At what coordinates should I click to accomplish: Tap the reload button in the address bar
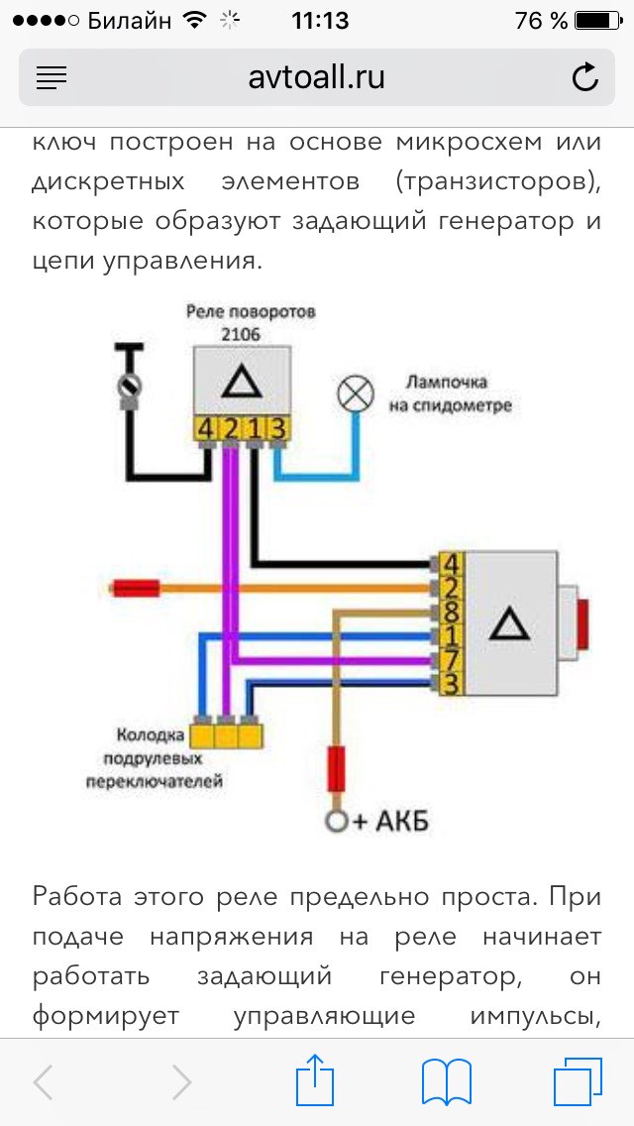(585, 77)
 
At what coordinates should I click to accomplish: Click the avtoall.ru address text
(317, 77)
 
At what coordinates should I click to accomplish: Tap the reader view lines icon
(52, 77)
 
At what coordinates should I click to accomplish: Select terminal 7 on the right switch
(449, 659)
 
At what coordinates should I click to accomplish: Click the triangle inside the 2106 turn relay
(241, 382)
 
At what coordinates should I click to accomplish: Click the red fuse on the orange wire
(137, 589)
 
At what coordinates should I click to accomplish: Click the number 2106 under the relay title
(241, 334)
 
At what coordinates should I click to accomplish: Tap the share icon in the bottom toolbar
(318, 1081)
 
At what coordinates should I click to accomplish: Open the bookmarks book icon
(447, 1081)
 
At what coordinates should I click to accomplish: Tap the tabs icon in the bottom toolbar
(578, 1081)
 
